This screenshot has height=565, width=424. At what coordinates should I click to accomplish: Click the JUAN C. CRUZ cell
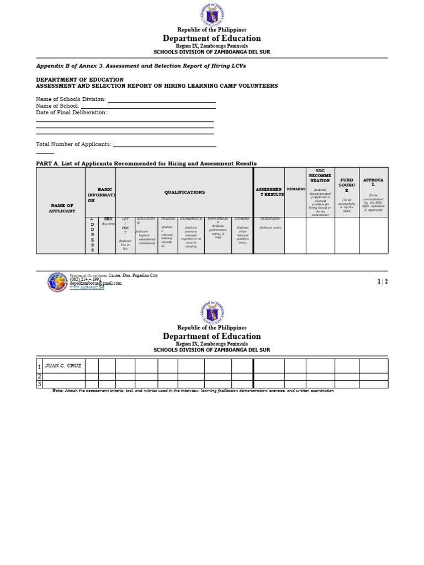click(x=63, y=366)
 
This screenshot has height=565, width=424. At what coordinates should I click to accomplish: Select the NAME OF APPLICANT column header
click(x=61, y=208)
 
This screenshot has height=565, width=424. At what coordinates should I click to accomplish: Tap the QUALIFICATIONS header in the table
click(x=184, y=192)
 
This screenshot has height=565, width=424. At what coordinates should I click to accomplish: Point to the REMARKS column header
click(x=296, y=189)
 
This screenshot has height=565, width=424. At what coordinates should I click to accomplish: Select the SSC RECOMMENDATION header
click(x=320, y=175)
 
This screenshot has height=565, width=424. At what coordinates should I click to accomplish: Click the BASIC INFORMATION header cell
click(x=100, y=195)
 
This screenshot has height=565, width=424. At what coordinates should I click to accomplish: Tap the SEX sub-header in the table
click(x=107, y=219)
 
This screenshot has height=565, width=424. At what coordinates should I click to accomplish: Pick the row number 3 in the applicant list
click(x=39, y=384)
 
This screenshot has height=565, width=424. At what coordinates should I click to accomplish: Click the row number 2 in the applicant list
click(x=39, y=376)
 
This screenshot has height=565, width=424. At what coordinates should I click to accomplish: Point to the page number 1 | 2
click(x=383, y=281)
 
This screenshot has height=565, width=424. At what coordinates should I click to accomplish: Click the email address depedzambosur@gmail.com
click(x=96, y=283)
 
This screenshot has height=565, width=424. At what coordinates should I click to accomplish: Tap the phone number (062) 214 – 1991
click(x=86, y=279)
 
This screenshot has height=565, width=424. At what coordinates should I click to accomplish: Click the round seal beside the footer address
click(x=58, y=282)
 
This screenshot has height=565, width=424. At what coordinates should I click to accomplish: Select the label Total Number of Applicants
click(x=73, y=144)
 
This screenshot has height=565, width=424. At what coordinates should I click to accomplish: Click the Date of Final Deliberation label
click(x=71, y=113)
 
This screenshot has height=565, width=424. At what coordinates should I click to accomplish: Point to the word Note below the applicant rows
click(x=58, y=390)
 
